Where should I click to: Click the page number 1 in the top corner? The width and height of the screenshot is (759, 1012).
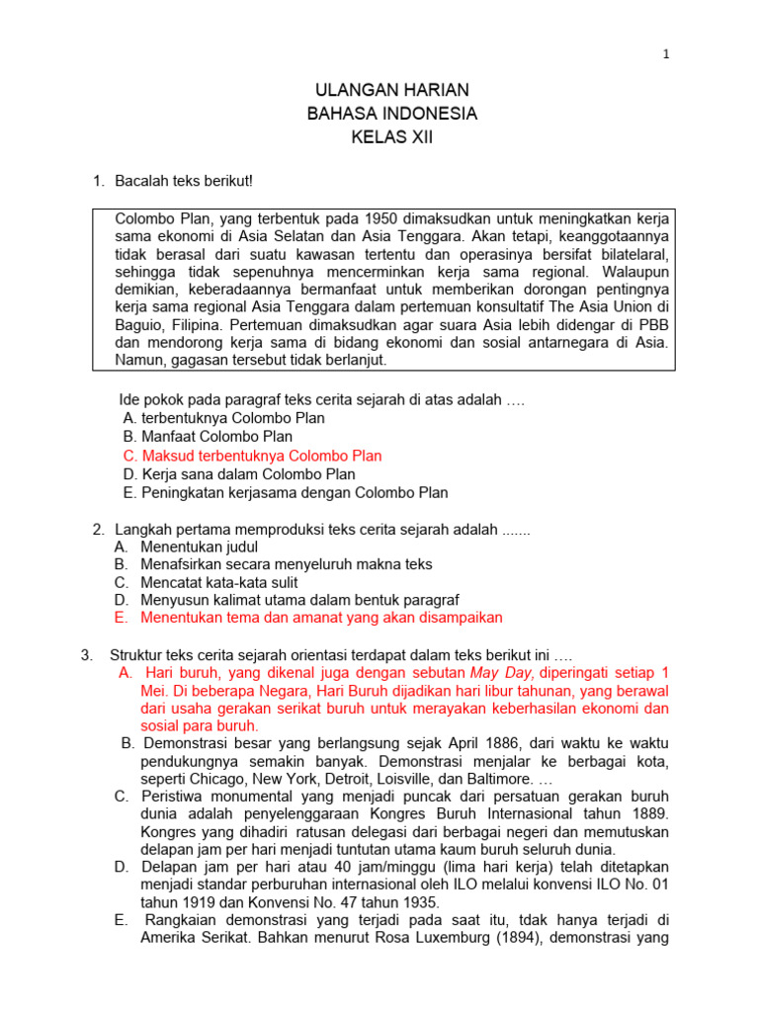tap(666, 55)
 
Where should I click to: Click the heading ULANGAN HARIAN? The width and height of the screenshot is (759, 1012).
tap(392, 91)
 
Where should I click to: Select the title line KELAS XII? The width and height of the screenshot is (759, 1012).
tap(392, 137)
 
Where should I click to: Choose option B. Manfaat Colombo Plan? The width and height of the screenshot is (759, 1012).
tap(208, 436)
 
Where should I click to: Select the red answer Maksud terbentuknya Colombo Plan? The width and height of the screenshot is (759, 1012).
tap(253, 456)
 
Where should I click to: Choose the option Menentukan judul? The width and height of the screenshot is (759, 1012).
tap(199, 547)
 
